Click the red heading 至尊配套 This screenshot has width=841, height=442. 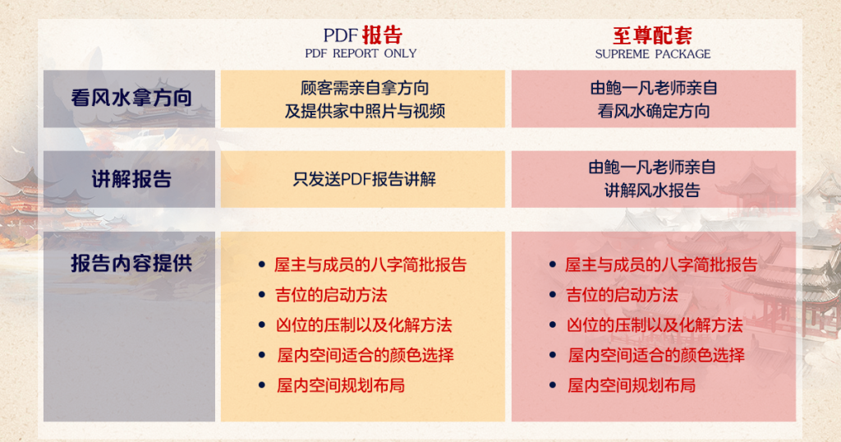(x=652, y=35)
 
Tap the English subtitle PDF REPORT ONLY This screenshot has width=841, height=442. (x=361, y=53)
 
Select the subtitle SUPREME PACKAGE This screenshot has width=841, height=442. (x=653, y=54)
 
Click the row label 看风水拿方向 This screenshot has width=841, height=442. (x=131, y=98)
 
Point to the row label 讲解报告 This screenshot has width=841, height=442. (x=131, y=179)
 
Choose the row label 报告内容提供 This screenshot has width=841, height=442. (x=131, y=264)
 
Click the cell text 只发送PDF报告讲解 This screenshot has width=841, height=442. (x=364, y=179)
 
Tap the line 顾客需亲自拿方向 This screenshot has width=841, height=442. (x=365, y=87)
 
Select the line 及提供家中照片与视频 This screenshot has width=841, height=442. (x=365, y=111)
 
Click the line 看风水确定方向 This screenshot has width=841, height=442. (x=653, y=111)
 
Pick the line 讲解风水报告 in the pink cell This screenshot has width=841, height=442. (x=652, y=191)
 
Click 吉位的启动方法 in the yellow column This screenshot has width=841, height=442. (x=331, y=295)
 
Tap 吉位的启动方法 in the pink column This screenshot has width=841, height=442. (x=623, y=295)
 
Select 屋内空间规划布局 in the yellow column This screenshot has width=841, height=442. (x=341, y=385)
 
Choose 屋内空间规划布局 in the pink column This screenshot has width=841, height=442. (x=632, y=385)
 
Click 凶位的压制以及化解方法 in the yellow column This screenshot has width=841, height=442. (x=364, y=325)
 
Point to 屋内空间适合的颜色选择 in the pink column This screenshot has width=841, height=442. (x=656, y=355)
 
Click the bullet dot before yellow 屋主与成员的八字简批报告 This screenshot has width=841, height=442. (x=262, y=265)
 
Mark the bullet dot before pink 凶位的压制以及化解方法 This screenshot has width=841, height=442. (x=553, y=325)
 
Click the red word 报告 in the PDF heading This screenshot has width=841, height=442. (x=382, y=35)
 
